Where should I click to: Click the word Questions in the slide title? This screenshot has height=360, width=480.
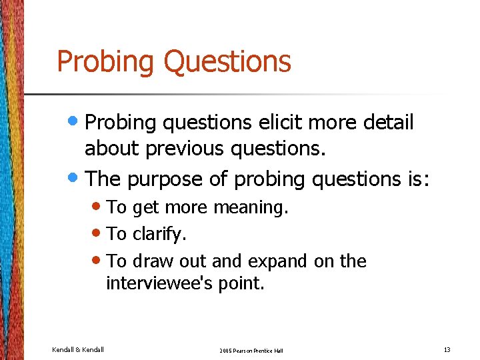pos(227,61)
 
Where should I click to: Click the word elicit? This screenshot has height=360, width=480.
pos(290,123)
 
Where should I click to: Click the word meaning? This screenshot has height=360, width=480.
pos(251,208)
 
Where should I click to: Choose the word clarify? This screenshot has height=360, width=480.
pos(159,234)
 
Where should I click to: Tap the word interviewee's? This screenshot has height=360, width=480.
pos(159,284)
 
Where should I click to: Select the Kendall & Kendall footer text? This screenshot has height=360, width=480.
pos(78,349)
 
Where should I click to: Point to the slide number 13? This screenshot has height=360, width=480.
pos(446,349)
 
